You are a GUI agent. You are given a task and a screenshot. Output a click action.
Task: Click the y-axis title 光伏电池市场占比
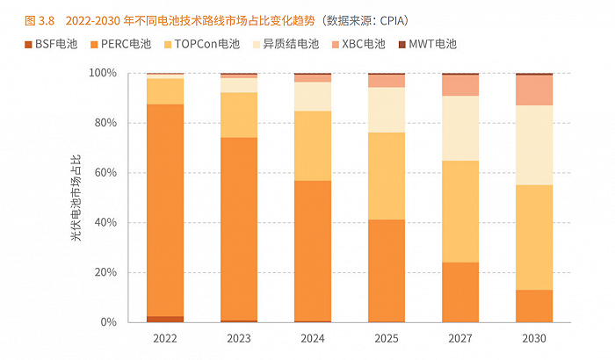78,198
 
